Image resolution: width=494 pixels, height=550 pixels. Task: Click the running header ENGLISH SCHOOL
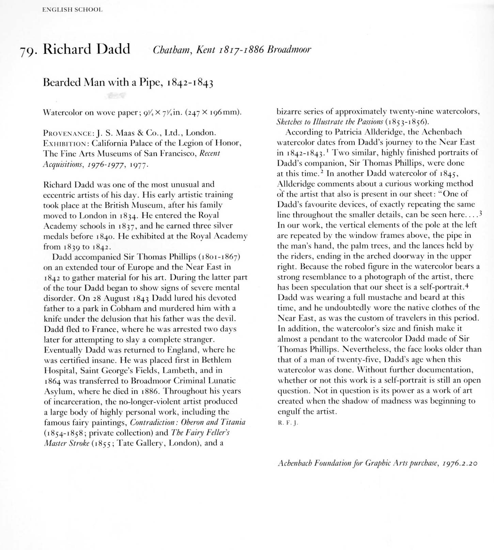coord(72,10)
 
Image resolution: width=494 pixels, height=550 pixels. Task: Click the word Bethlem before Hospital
coord(216,360)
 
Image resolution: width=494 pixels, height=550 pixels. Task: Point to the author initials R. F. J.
coord(288,423)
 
